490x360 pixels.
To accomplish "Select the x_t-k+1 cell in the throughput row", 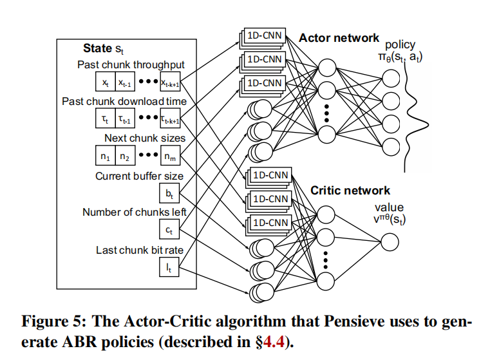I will (170, 82).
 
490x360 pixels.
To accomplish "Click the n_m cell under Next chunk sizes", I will (170, 155).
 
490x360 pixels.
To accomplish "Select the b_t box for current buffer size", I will (169, 192).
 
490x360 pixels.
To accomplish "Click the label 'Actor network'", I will (339, 38).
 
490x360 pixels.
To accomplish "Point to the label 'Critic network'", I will (350, 191).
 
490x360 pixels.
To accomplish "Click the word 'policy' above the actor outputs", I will (400, 45).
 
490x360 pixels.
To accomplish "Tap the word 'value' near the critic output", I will (390, 207).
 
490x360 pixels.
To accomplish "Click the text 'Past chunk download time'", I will (124, 101).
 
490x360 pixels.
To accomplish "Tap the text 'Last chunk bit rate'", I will (139, 250).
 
